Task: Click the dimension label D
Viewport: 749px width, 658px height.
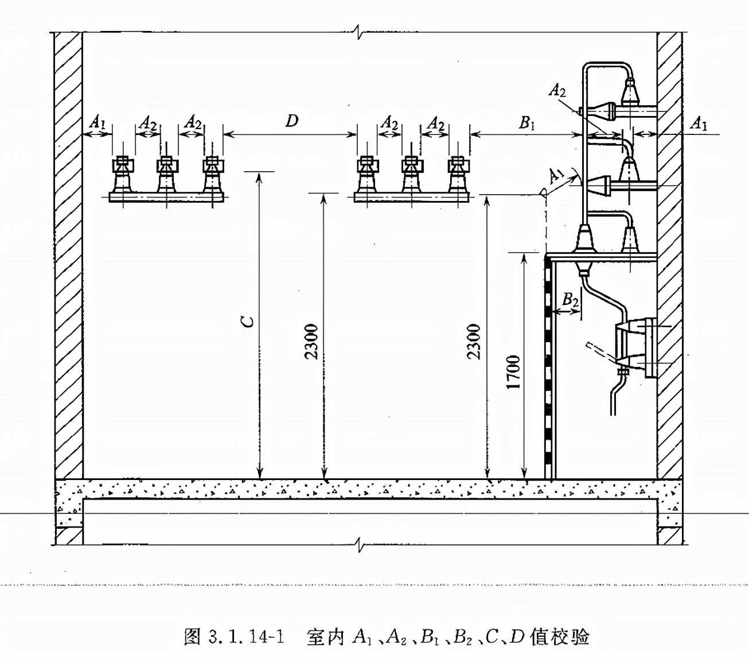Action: click(x=292, y=121)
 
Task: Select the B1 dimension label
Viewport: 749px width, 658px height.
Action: click(x=526, y=122)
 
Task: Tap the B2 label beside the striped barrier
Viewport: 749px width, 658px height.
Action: click(x=570, y=299)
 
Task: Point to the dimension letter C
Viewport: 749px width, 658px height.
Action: click(x=247, y=321)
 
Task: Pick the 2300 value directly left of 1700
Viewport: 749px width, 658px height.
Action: click(x=473, y=342)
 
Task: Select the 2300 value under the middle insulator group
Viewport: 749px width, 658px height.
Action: click(x=311, y=342)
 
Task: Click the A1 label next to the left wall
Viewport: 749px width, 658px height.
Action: click(x=97, y=122)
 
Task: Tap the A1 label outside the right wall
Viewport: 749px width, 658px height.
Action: click(x=698, y=123)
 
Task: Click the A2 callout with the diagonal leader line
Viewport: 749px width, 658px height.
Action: click(x=557, y=90)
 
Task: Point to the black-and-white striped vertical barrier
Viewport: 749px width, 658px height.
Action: click(x=549, y=367)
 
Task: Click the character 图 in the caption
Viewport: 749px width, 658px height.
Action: click(x=192, y=637)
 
